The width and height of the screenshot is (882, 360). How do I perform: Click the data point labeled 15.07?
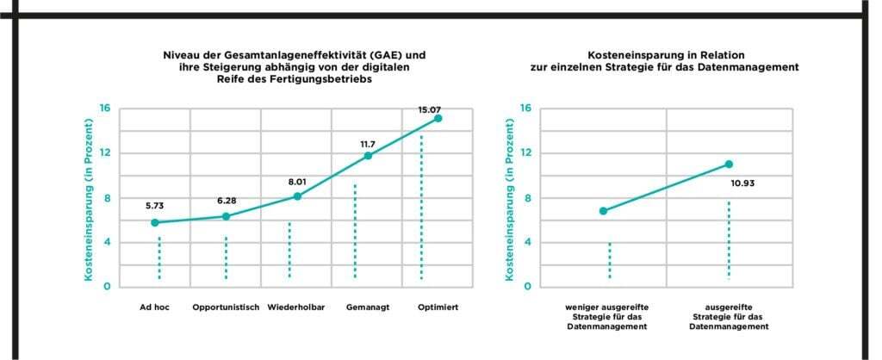coord(438,118)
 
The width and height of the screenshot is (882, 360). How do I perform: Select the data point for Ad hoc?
coord(155,222)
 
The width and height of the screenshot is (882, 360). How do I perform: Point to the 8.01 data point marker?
coord(298,196)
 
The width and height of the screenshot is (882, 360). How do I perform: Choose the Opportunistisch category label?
coord(226,307)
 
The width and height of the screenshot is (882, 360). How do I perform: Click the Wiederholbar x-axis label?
coord(295,307)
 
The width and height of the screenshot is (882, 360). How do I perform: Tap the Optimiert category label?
coord(436,307)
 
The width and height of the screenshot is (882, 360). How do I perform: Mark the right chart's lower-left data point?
coord(603,211)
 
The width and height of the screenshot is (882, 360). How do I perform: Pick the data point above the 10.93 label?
coord(729,164)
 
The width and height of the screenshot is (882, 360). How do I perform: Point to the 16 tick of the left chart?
coord(105,109)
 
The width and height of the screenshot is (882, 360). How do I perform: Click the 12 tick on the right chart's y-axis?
coord(525,153)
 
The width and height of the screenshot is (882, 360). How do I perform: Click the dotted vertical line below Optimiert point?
coord(421,207)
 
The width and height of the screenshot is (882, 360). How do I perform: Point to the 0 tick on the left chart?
coord(107,287)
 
